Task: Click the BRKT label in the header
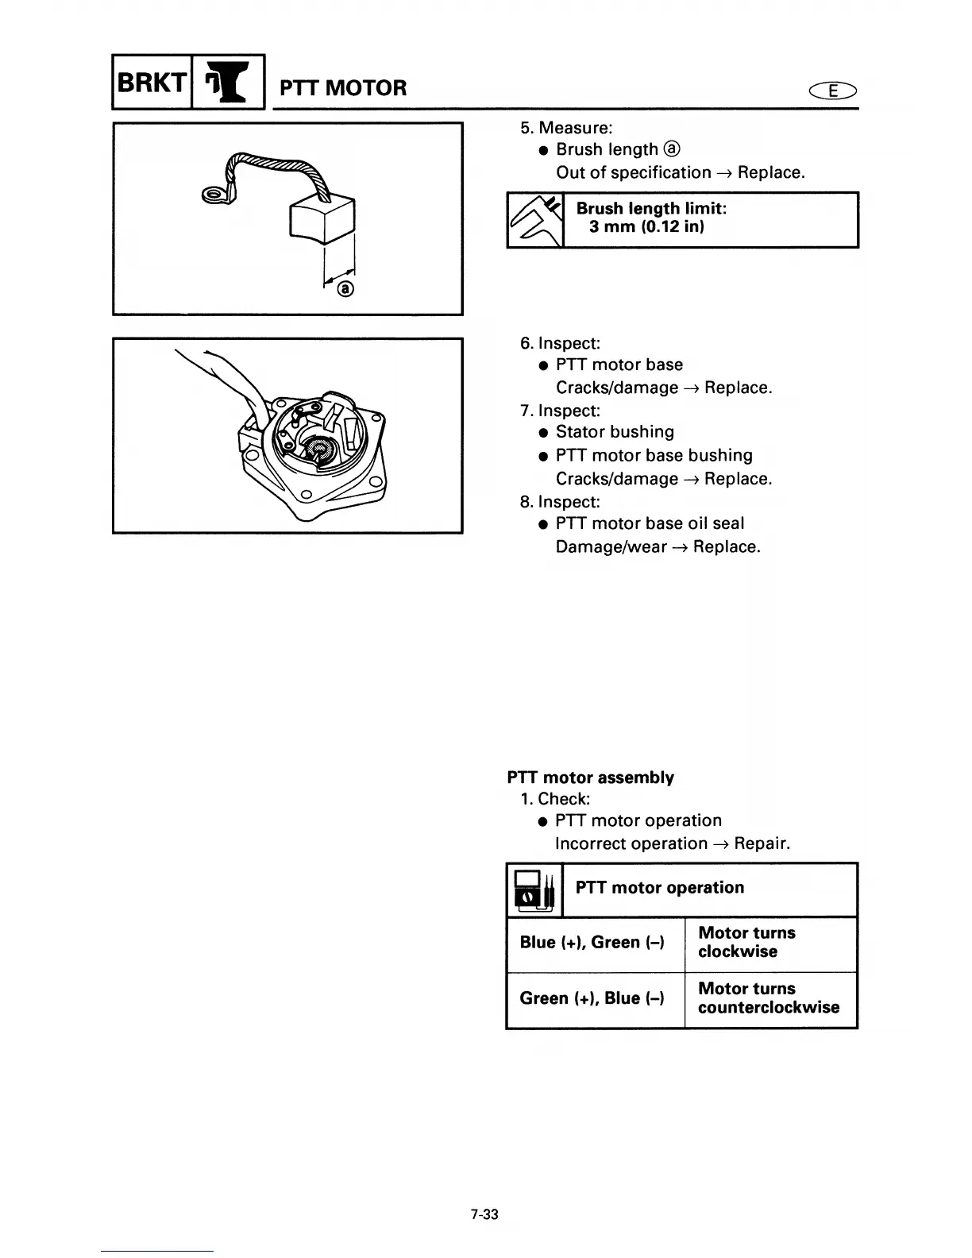[151, 81]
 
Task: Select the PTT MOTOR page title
[343, 87]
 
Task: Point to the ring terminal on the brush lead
[211, 195]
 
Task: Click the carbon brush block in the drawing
[322, 218]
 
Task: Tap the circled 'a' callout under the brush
[345, 289]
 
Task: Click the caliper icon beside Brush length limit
[534, 220]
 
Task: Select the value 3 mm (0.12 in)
[646, 227]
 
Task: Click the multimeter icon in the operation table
[534, 889]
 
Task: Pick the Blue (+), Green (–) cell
[592, 943]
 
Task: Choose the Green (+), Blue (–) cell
[592, 998]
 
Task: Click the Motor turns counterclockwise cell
[769, 998]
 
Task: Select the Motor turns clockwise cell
[746, 943]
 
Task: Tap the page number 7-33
[484, 1214]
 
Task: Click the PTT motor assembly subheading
[591, 778]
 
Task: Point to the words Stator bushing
[615, 432]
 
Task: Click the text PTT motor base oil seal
[650, 523]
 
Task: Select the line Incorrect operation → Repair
[673, 843]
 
